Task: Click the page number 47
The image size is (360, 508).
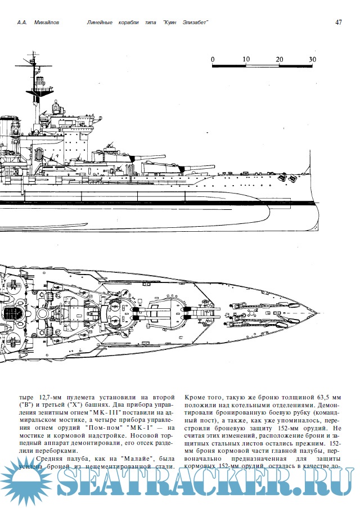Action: (x=339, y=23)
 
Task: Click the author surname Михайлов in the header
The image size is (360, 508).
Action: (x=46, y=23)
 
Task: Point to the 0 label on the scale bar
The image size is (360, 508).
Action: (x=213, y=59)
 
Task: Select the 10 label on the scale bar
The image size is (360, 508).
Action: (x=246, y=59)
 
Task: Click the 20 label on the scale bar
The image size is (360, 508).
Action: (x=280, y=59)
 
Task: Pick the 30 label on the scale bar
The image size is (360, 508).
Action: (x=313, y=59)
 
